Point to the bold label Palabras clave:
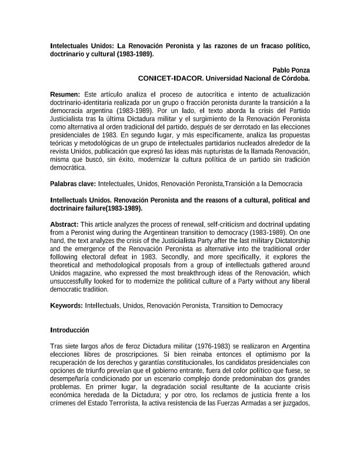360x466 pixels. coord(74,184)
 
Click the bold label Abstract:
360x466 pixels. coord(64,224)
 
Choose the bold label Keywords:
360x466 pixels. coord(66,305)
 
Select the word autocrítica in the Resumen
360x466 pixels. coord(188,94)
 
